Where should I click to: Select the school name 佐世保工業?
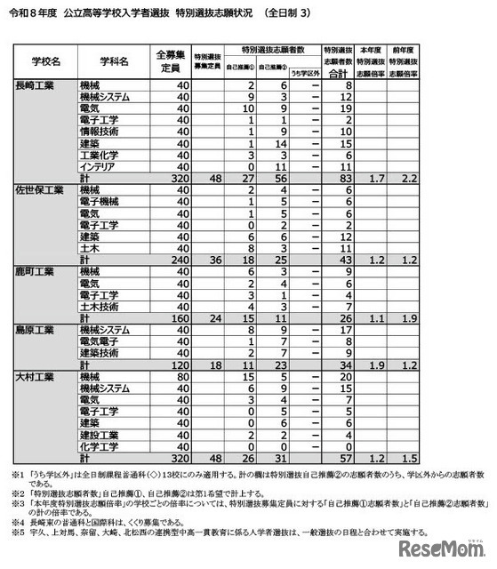[39, 189]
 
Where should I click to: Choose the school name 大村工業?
[36, 377]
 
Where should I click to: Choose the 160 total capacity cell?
[178, 317]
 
